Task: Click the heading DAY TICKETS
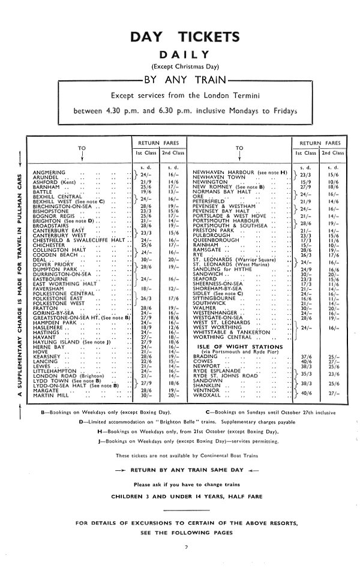pyautogui.click(x=180, y=37)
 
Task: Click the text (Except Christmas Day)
pyautogui.click(x=180, y=66)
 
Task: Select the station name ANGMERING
pyautogui.click(x=49, y=172)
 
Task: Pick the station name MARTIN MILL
pyautogui.click(x=52, y=395)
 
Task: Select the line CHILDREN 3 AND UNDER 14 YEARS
pyautogui.click(x=180, y=497)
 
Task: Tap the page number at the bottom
pyautogui.click(x=187, y=546)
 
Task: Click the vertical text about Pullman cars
pyautogui.click(x=20, y=281)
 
